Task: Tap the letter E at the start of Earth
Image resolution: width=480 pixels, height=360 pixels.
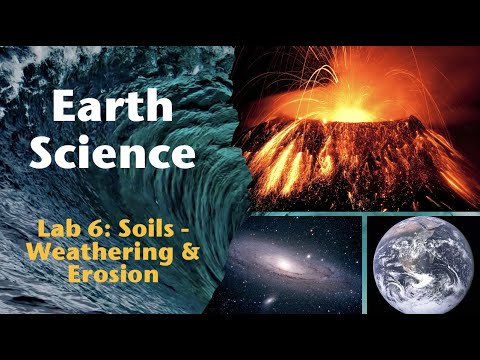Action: coord(64,107)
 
